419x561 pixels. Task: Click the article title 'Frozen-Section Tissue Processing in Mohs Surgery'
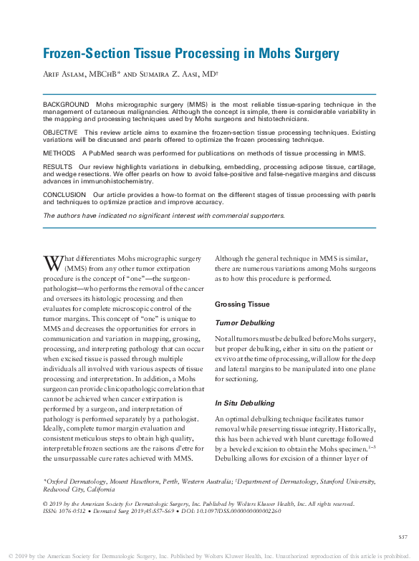[x=191, y=54]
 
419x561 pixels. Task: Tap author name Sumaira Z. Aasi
[x=179, y=75]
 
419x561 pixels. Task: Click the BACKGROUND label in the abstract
[x=66, y=105]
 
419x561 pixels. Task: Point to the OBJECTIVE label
[x=62, y=133]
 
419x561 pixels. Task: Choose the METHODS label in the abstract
[x=59, y=153]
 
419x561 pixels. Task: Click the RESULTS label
[x=59, y=166]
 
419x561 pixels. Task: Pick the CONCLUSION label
[x=64, y=194]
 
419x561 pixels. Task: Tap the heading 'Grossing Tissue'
[x=241, y=305]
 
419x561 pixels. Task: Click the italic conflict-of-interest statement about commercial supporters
[x=164, y=215]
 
